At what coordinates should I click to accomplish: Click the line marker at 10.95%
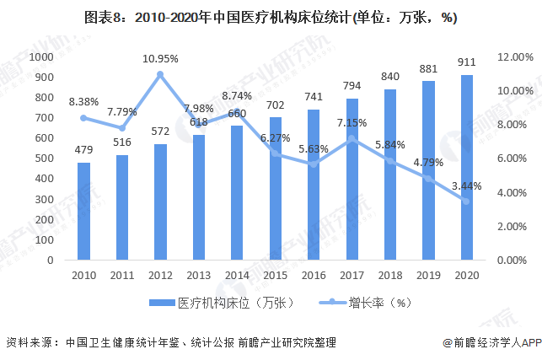click(160, 74)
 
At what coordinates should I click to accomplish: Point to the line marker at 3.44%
click(466, 201)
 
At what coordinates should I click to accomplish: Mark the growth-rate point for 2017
click(351, 138)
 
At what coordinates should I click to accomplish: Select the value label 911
click(466, 61)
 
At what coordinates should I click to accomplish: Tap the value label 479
click(83, 149)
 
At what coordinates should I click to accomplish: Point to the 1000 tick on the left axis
click(41, 56)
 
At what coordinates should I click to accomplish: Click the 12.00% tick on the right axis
click(513, 56)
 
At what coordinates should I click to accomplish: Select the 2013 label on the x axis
click(198, 276)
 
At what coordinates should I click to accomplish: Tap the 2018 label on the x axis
click(389, 276)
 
